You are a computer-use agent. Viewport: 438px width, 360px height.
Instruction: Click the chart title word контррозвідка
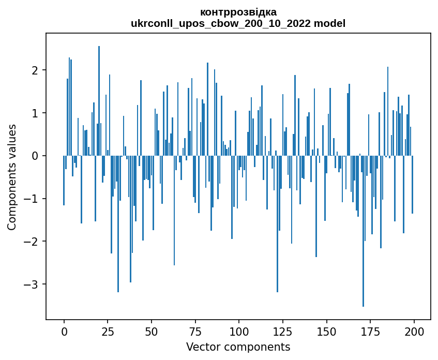click(238, 12)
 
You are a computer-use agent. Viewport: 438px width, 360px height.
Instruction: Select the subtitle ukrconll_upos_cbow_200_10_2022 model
click(238, 23)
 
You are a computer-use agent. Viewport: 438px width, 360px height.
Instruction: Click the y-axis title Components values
click(12, 177)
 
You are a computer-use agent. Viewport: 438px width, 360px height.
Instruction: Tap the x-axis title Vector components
click(238, 347)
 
